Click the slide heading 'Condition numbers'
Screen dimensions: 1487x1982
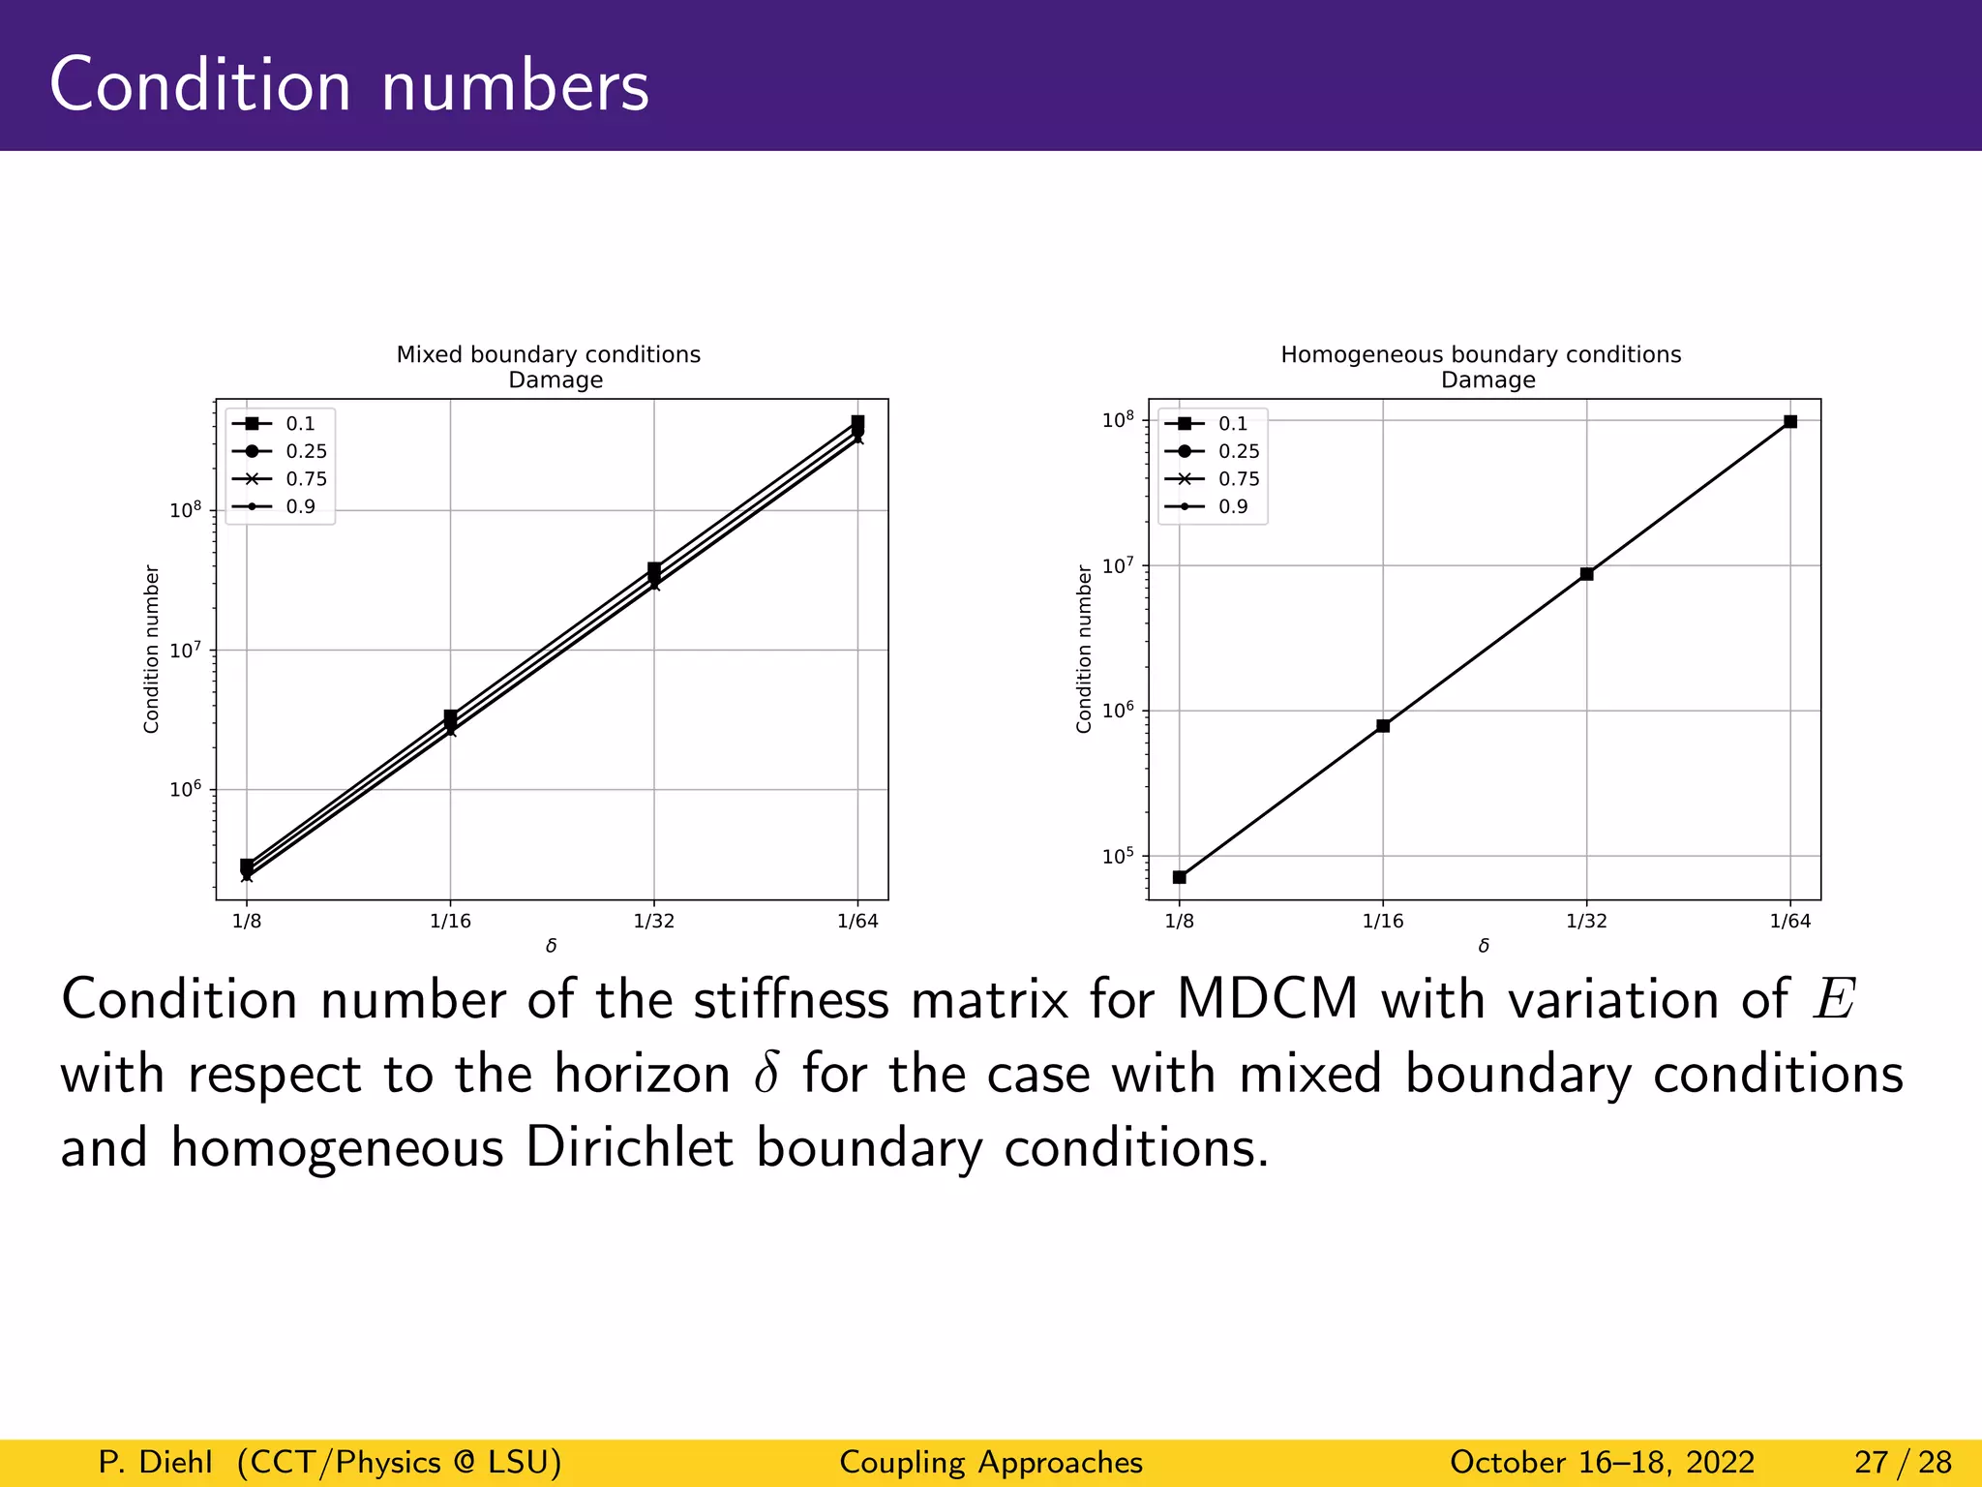(x=348, y=85)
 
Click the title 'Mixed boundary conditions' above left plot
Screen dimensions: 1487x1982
(x=548, y=354)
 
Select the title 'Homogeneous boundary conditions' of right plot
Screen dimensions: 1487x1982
(x=1481, y=354)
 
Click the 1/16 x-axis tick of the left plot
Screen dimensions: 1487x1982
(x=450, y=921)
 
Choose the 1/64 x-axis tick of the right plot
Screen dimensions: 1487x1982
(x=1789, y=921)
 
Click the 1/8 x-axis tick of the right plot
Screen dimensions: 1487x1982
(x=1179, y=921)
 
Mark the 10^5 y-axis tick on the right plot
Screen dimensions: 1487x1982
(x=1117, y=856)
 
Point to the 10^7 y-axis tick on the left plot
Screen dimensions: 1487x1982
(x=184, y=650)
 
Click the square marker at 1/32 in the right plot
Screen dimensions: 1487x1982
(x=1586, y=574)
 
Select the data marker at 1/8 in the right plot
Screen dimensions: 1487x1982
(x=1179, y=877)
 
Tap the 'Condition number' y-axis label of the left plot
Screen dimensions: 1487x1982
(x=151, y=650)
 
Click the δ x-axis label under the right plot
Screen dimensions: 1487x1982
(x=1484, y=946)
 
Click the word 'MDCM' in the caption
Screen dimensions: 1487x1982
(x=1267, y=999)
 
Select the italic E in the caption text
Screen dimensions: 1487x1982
(x=1833, y=999)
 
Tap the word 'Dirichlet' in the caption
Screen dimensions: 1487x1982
(x=629, y=1148)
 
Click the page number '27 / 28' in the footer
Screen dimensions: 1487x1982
(x=1903, y=1462)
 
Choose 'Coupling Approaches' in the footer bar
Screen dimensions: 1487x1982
(x=991, y=1462)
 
